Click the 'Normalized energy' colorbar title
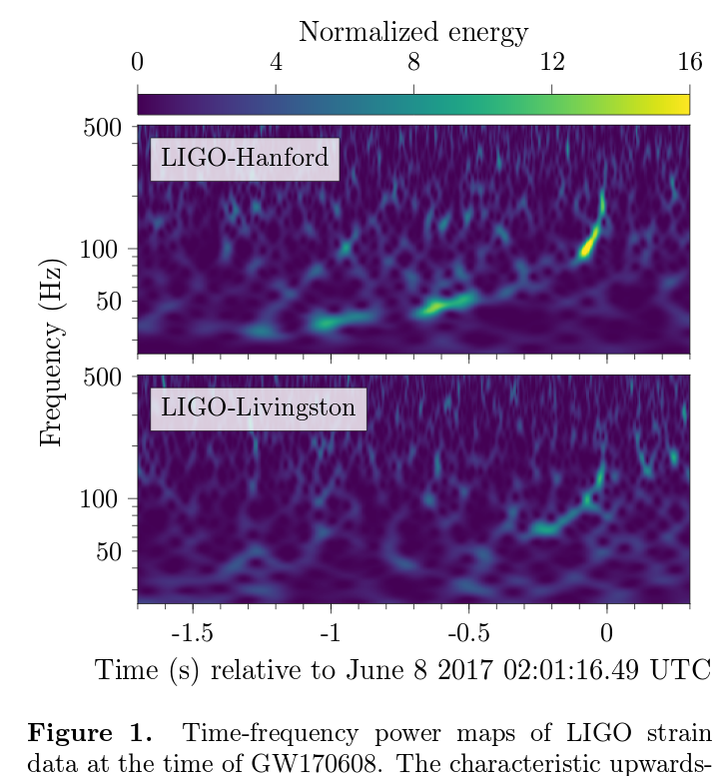[412, 32]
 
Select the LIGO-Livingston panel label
[258, 407]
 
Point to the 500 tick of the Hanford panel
[102, 128]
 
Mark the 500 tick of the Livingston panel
[102, 378]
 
